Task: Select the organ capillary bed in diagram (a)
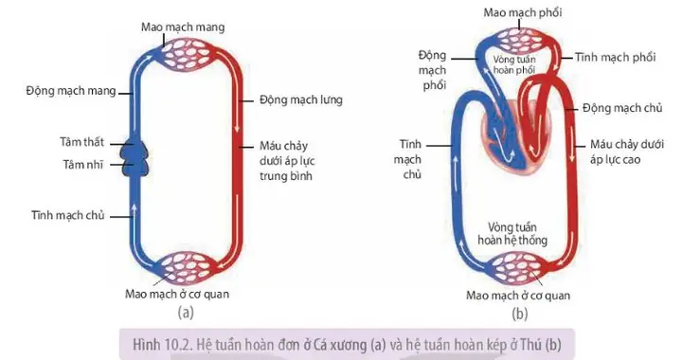tap(185, 267)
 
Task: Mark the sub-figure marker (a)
tap(186, 311)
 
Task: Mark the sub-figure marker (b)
tap(519, 311)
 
